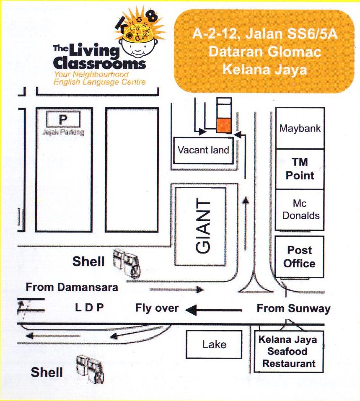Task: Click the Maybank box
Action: tap(300, 128)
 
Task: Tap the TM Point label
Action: tap(300, 169)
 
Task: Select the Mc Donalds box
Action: tap(300, 210)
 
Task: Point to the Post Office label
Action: tap(299, 257)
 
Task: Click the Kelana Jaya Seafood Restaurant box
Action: tap(289, 352)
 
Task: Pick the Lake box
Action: tap(214, 344)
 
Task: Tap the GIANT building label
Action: tap(203, 227)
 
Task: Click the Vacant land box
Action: tap(203, 150)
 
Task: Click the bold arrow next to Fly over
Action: tap(214, 310)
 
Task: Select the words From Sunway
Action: tap(293, 309)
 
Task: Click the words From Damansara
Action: tap(72, 287)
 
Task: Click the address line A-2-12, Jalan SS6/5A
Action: tap(265, 34)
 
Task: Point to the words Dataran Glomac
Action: tap(265, 52)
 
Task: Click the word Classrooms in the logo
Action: tap(100, 64)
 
